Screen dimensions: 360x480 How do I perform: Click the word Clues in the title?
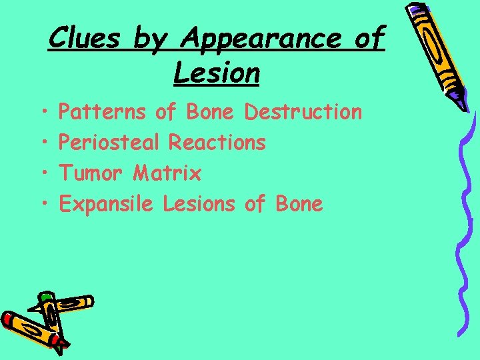[x=83, y=39]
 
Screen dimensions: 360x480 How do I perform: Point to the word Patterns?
[x=102, y=112]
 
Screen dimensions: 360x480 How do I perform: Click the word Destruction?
[x=303, y=112]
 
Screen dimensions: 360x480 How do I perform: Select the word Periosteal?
[x=109, y=143]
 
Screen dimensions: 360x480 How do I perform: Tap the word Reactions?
[x=217, y=143]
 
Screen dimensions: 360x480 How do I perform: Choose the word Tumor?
[x=91, y=173]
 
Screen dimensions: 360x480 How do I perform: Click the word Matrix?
[x=167, y=173]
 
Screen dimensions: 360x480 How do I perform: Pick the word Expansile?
[x=107, y=204]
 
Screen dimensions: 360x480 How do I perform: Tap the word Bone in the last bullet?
[x=297, y=204]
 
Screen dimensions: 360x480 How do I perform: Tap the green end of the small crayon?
[x=45, y=297]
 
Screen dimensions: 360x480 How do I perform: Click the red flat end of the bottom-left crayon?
[x=8, y=319]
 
